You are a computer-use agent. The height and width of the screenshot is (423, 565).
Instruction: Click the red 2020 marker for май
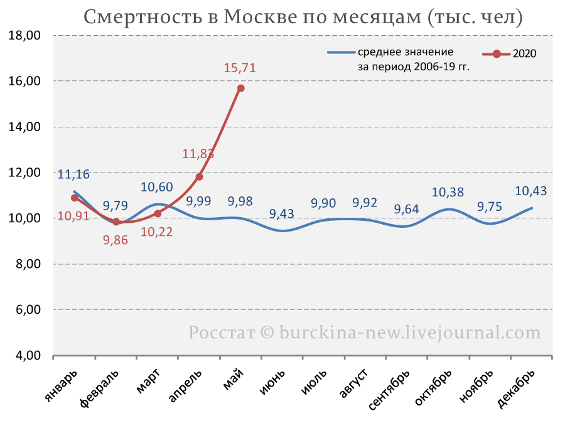(x=240, y=88)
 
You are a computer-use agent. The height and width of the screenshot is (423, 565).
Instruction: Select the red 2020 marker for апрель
(x=199, y=177)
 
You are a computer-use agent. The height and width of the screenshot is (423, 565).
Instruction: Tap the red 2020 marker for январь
(x=75, y=198)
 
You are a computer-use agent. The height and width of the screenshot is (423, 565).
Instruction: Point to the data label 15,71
(x=240, y=68)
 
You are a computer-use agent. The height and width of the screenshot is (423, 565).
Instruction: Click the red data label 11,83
(x=198, y=154)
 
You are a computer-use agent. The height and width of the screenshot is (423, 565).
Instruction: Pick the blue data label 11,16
(x=73, y=174)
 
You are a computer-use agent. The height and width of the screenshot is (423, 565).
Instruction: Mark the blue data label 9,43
(x=282, y=213)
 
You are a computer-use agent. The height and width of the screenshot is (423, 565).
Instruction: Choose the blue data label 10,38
(x=448, y=193)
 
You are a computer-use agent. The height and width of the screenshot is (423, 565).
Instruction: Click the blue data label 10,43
(x=530, y=191)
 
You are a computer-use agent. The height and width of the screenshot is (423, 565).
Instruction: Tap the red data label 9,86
(x=116, y=240)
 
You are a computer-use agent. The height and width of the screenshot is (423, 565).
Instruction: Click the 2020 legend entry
(x=509, y=54)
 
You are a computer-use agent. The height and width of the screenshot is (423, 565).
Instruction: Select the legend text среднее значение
(x=406, y=52)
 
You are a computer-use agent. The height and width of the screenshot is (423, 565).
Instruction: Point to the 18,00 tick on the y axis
(x=24, y=35)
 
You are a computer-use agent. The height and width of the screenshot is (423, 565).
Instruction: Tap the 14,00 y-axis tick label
(x=24, y=127)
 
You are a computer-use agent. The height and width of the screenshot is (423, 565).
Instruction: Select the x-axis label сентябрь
(x=389, y=390)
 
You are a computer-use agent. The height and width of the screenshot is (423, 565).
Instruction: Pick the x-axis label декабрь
(x=515, y=388)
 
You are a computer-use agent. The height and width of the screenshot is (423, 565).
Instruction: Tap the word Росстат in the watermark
(x=222, y=332)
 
